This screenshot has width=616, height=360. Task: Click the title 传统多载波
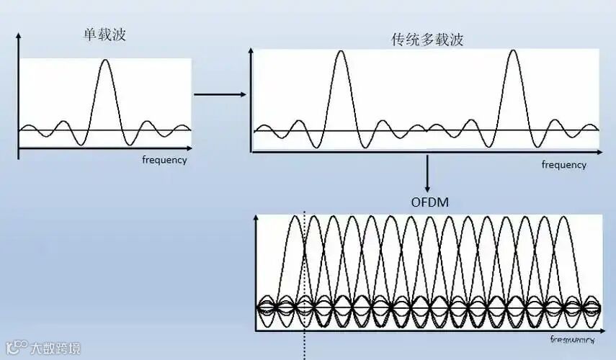tap(427, 40)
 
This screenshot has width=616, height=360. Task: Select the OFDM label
tap(429, 202)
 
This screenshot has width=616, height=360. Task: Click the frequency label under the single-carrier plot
tap(164, 160)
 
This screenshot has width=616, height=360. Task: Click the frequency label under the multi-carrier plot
tap(564, 165)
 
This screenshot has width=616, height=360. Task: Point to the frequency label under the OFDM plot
tap(573, 338)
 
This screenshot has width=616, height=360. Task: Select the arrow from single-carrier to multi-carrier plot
tap(220, 94)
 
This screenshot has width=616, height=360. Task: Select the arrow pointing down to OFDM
tap(429, 173)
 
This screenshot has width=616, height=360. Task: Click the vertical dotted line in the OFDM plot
tap(305, 274)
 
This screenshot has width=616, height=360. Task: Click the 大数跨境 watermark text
tap(53, 348)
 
